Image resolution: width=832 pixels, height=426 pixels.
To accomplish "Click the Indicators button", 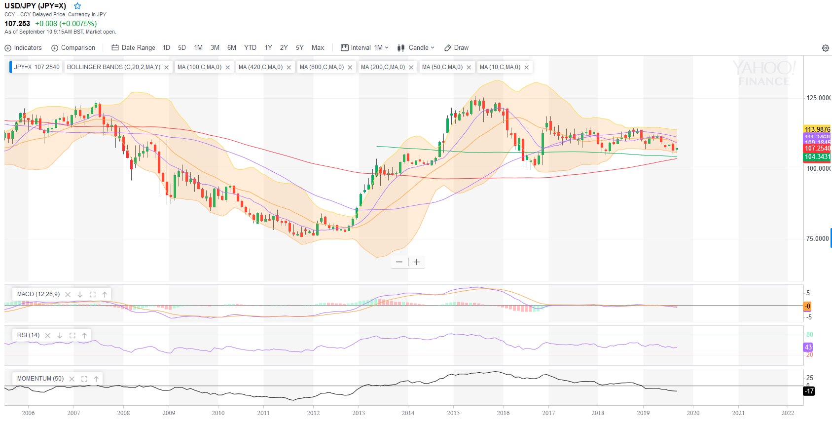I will pos(23,48).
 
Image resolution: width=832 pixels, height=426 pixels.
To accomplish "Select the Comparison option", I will pos(73,48).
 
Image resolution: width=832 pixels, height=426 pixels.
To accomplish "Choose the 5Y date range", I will pos(299,48).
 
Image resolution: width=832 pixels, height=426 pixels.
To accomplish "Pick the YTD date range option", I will pos(250,48).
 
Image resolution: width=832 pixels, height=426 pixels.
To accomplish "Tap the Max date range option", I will pos(318,48).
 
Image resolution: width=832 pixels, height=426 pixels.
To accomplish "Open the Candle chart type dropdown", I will pos(416,48).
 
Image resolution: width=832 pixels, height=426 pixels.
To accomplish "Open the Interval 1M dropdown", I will pos(364,48).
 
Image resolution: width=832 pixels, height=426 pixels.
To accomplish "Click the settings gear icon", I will pos(825,48).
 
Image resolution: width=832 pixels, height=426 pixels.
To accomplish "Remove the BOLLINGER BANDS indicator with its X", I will pos(167,68).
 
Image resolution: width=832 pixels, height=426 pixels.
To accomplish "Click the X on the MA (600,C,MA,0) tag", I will pos(350,68).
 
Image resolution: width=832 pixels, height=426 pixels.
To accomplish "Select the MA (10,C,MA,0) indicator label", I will pos(500,67).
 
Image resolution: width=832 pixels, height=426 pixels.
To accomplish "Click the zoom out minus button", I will pos(399,262).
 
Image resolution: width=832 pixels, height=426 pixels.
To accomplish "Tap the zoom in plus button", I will pos(417,262).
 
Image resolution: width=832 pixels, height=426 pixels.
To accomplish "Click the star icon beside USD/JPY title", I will pos(77,6).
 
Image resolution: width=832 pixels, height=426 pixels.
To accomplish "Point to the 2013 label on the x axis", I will pos(359,413).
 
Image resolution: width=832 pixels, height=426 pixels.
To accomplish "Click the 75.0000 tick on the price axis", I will pos(817,239).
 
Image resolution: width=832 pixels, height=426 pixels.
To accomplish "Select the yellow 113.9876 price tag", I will pos(817,129).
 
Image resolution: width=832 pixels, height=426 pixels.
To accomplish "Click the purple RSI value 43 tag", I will pos(808,347).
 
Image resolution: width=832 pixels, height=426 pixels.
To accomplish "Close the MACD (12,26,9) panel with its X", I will pos(68,295).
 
